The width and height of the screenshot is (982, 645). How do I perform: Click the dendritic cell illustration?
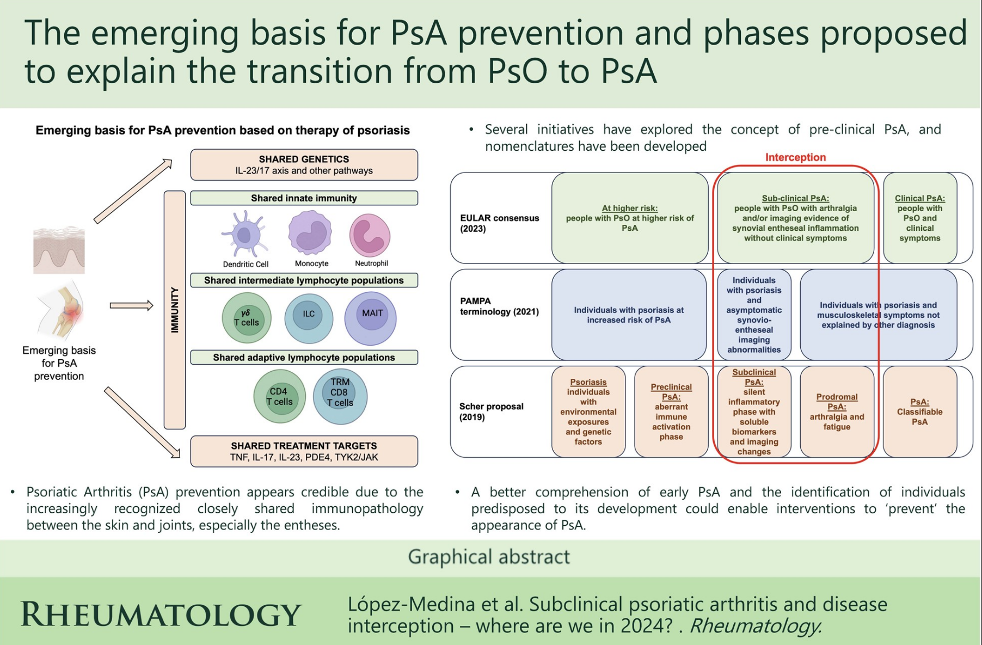(x=245, y=234)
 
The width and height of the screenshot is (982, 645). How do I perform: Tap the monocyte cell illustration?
(x=310, y=233)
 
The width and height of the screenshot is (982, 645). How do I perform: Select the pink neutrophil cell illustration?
(x=370, y=235)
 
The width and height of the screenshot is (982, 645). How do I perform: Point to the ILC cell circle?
(x=309, y=318)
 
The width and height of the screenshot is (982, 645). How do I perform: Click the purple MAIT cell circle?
(x=371, y=318)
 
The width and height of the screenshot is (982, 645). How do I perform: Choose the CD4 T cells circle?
(x=280, y=396)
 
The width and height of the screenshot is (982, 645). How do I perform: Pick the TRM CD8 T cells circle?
(x=340, y=396)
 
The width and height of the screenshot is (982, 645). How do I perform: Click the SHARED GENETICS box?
(x=304, y=164)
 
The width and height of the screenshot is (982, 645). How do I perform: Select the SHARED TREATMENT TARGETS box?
(x=304, y=451)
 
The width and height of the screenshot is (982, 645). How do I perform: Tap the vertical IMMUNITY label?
(x=175, y=310)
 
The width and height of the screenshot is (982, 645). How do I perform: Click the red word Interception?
(x=795, y=157)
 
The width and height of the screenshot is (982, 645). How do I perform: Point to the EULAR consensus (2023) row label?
(x=499, y=223)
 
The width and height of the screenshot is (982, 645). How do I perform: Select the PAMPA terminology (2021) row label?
(x=499, y=306)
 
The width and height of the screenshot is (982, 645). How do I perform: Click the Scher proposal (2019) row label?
(x=492, y=411)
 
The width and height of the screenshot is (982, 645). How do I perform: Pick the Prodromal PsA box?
(x=837, y=411)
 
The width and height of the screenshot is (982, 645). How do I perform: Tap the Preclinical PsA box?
(x=671, y=411)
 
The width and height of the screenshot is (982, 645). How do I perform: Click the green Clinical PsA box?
(x=919, y=218)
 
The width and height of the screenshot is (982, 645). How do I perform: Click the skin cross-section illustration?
(x=59, y=250)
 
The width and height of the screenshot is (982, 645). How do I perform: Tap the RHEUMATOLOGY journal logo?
(x=161, y=615)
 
